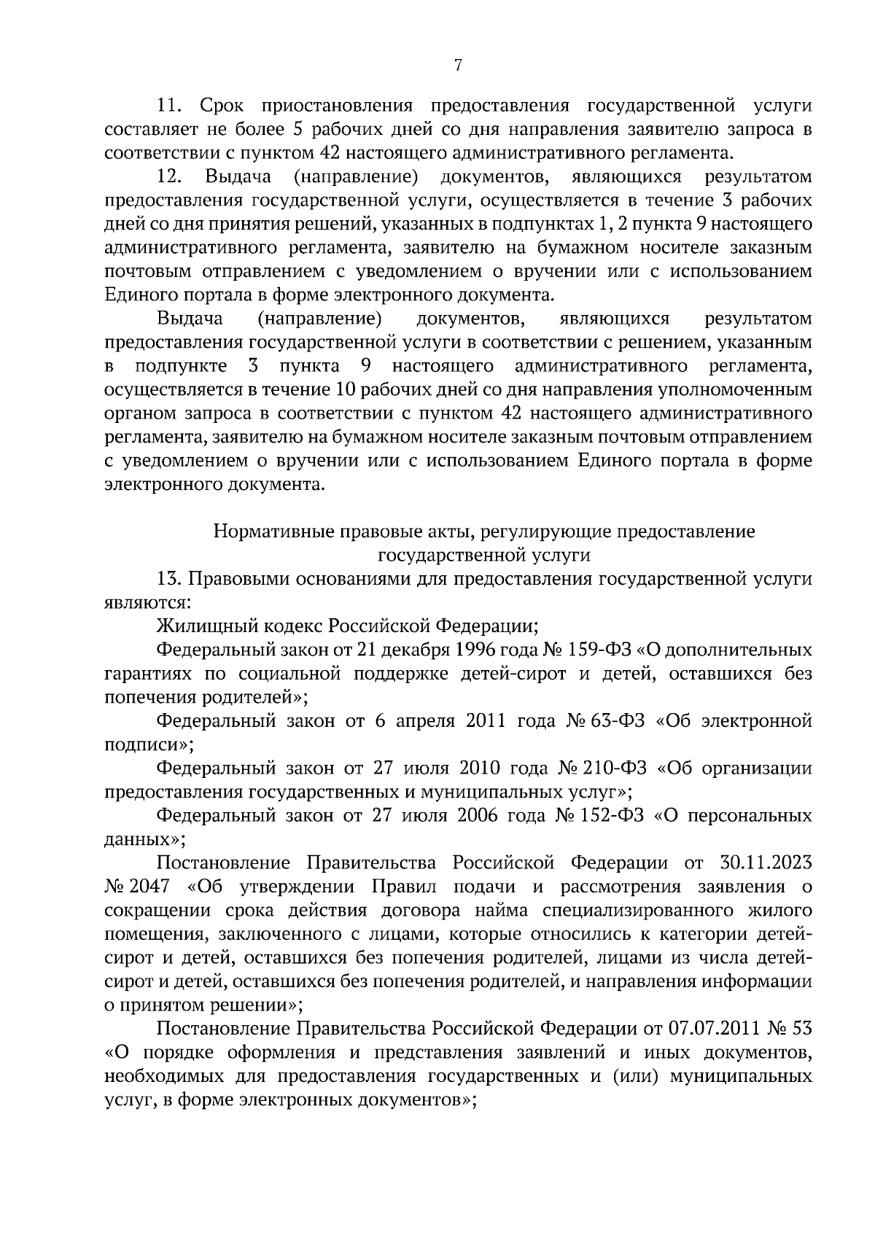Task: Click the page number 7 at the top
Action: click(457, 66)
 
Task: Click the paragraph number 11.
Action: click(169, 106)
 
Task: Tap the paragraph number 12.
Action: click(169, 177)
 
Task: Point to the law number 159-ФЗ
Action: click(611, 650)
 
